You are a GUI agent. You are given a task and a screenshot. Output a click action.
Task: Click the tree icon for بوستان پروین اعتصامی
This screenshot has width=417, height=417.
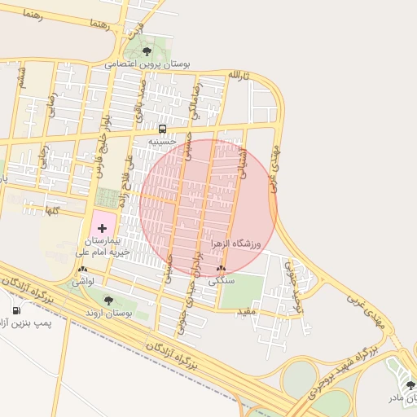point(147,52)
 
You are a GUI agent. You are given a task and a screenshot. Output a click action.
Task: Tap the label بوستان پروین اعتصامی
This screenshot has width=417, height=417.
point(147,64)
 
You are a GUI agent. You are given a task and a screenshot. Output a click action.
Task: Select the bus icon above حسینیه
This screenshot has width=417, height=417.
point(162,129)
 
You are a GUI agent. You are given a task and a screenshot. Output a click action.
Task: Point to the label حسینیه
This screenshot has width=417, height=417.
point(162,141)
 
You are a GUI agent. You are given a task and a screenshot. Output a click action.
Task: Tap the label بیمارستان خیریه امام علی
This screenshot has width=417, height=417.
point(103,247)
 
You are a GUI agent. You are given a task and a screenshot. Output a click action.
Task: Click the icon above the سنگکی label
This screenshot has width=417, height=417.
point(221,268)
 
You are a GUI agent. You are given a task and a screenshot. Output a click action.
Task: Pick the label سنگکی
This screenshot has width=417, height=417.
point(221,280)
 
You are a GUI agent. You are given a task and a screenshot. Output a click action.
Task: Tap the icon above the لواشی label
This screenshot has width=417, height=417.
point(82,269)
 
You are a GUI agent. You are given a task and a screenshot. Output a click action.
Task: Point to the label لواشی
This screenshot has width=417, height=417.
point(82,281)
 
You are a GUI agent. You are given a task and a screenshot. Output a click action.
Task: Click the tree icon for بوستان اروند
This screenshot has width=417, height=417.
point(109,301)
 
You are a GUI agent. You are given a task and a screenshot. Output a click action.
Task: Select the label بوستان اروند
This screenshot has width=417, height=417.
point(109,313)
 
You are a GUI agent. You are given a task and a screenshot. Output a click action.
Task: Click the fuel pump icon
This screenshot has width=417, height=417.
point(16,310)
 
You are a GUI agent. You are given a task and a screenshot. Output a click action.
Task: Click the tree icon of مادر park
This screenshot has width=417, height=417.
point(410,385)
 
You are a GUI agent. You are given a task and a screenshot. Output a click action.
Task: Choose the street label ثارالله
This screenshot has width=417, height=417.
point(236,75)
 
